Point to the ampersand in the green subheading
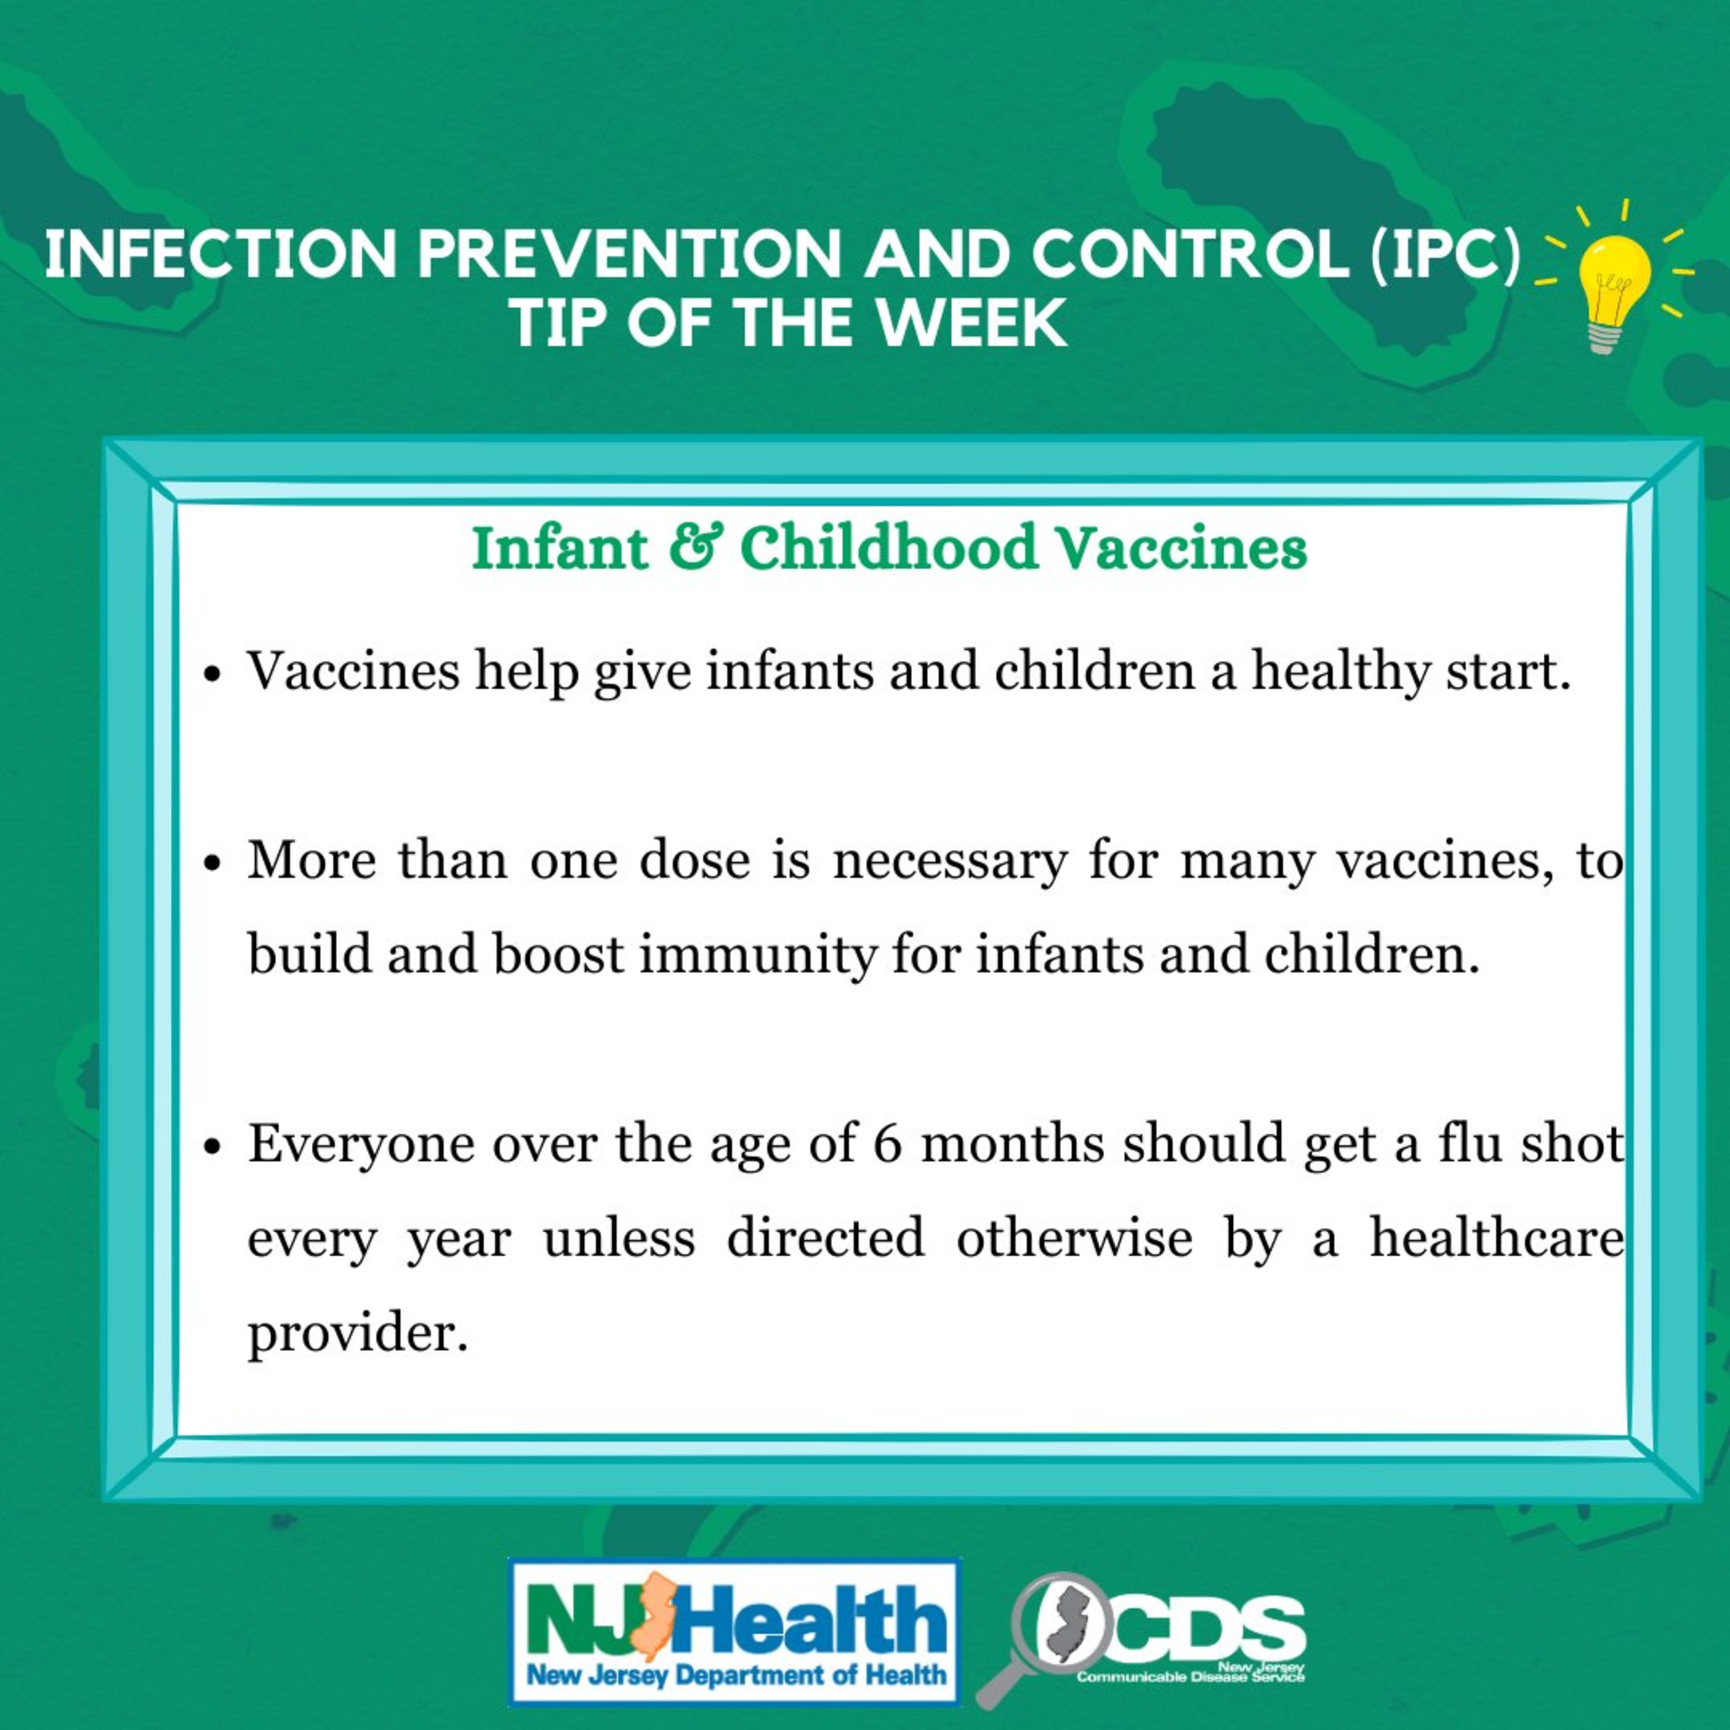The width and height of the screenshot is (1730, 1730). click(x=694, y=547)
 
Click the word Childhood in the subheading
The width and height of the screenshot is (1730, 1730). click(x=888, y=547)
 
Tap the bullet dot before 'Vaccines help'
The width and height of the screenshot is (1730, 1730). click(x=212, y=674)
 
